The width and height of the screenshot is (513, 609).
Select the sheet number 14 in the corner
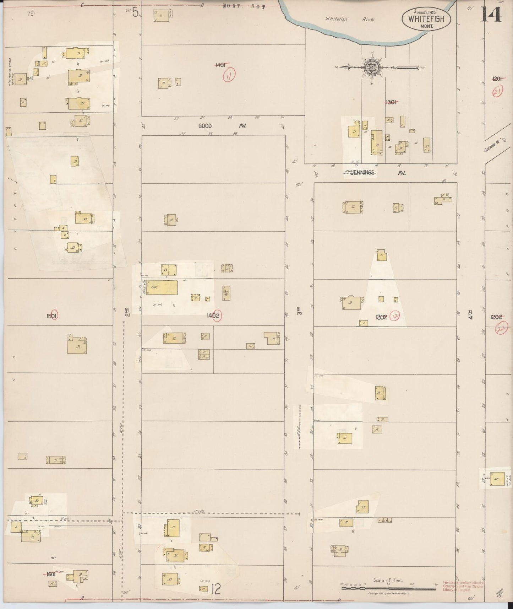[492, 14]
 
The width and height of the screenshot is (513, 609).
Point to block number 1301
[391, 102]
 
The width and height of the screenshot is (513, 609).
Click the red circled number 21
[497, 92]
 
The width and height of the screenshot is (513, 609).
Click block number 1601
[52, 574]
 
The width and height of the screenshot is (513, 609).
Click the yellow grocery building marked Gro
[162, 287]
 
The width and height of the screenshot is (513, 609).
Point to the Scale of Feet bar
[389, 588]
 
